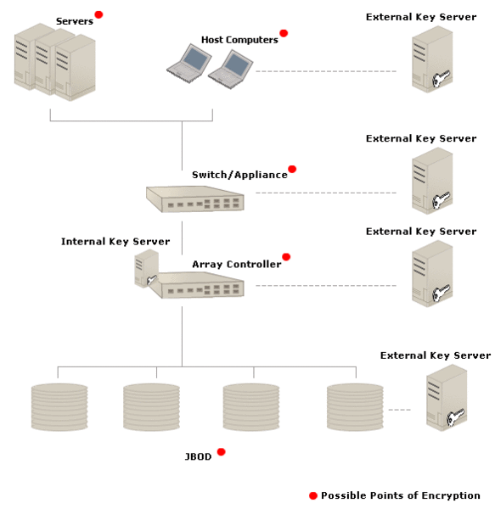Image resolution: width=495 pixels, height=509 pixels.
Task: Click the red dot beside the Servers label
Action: point(98,14)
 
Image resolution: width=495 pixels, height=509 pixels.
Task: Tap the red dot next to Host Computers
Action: point(284,33)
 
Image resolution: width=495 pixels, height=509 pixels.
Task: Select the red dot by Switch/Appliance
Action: point(292,169)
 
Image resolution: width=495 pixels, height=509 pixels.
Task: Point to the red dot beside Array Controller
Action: point(286,257)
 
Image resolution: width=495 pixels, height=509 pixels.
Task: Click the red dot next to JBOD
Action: point(222,452)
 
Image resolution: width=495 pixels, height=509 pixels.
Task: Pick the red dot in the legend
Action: point(313,495)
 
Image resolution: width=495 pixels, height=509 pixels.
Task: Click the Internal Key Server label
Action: point(115,242)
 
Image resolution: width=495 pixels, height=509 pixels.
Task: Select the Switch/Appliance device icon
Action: point(195,199)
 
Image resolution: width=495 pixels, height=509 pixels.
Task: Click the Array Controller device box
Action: point(200,285)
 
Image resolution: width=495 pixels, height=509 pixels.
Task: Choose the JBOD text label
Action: point(198,456)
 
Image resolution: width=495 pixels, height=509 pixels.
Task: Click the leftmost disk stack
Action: point(59,407)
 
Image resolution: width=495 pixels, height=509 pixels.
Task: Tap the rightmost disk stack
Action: point(355,407)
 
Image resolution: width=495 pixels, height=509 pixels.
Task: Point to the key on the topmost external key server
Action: point(441,78)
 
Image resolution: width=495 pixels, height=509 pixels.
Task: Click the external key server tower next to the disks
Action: point(447,398)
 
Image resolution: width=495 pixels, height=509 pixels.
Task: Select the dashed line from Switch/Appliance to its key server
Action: point(326,193)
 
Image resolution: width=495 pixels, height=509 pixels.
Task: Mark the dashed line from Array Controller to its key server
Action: point(326,286)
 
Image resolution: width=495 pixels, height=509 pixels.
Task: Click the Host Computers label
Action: point(239,40)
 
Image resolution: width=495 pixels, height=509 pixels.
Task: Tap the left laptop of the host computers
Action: point(189,64)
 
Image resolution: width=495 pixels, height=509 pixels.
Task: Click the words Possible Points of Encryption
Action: point(401,495)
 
